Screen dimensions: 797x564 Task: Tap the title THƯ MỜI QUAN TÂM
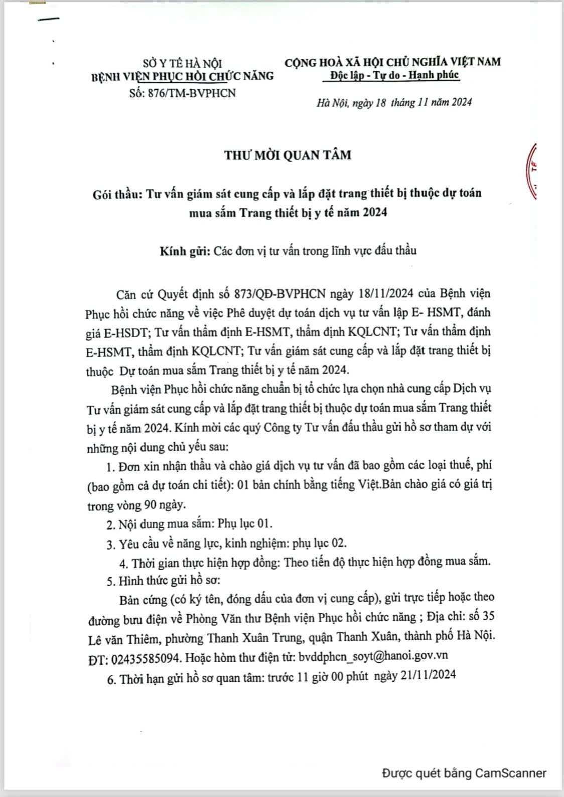pyautogui.click(x=288, y=155)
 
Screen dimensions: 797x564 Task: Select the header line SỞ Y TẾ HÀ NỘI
pyautogui.click(x=182, y=64)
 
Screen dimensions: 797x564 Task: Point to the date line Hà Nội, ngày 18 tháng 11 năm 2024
pyautogui.click(x=394, y=103)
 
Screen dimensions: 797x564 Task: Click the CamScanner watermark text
pyautogui.click(x=464, y=773)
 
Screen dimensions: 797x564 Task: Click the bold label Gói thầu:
pyautogui.click(x=117, y=193)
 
